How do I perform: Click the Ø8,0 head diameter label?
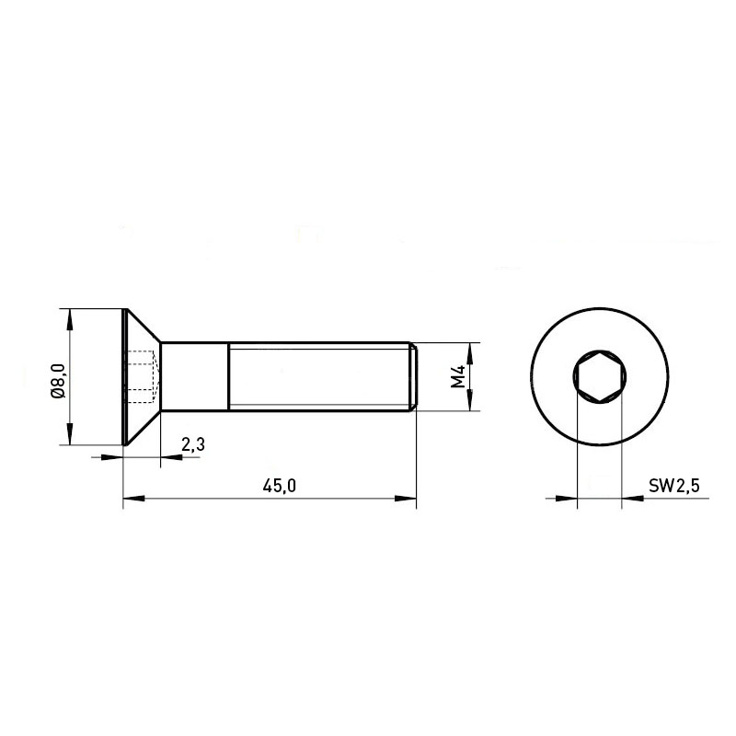59,380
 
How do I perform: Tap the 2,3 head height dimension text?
193,444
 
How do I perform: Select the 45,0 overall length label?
280,486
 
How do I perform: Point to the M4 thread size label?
457,376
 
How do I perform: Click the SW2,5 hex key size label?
674,486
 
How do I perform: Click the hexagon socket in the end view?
600,376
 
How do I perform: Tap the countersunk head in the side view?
142,377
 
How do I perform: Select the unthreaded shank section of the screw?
195,376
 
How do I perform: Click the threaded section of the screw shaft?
318,376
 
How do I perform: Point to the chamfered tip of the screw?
413,376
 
